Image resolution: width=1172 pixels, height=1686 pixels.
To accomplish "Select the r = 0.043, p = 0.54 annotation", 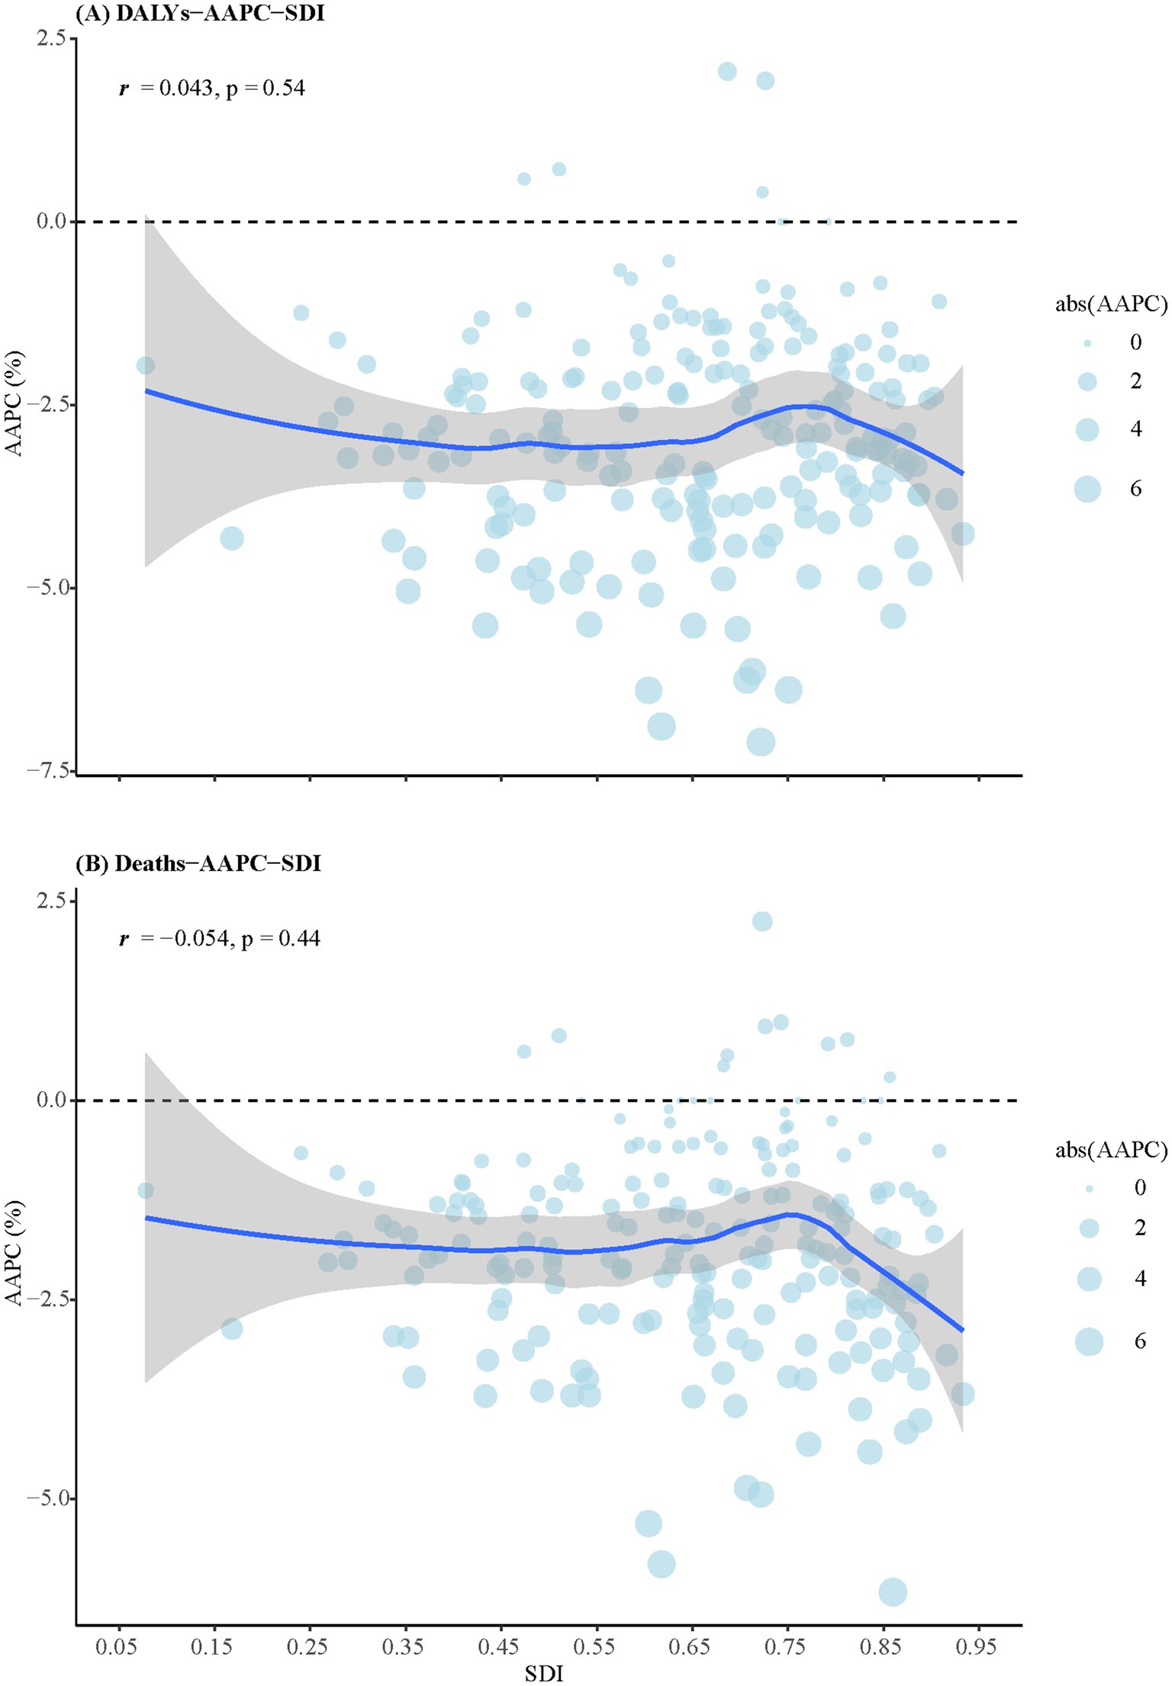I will [x=212, y=88].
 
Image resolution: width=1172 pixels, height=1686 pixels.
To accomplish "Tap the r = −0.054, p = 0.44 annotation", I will [x=220, y=938].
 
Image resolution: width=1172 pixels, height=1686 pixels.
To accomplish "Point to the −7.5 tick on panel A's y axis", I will [x=50, y=770].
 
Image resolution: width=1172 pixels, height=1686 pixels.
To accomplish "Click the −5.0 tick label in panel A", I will [x=50, y=588].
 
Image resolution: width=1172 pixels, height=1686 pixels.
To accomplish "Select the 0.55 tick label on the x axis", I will [x=594, y=1646].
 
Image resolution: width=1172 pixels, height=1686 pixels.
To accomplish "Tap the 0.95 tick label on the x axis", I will [x=976, y=1646].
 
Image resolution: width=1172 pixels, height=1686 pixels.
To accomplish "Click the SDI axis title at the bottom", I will [x=544, y=1673].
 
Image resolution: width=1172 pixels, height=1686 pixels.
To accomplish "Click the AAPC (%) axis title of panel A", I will [x=14, y=403].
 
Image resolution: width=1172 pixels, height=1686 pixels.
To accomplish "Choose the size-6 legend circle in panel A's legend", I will [x=1087, y=488].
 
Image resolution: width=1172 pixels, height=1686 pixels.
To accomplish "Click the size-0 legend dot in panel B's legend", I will [x=1089, y=1187].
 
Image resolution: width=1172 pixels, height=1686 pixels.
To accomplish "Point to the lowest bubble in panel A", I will [x=761, y=741].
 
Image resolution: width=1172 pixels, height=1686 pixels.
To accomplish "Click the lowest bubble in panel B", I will [x=893, y=1592].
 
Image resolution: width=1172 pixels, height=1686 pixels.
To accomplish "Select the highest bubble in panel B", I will [x=762, y=921].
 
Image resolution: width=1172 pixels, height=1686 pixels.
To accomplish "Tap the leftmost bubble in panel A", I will [x=145, y=366].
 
